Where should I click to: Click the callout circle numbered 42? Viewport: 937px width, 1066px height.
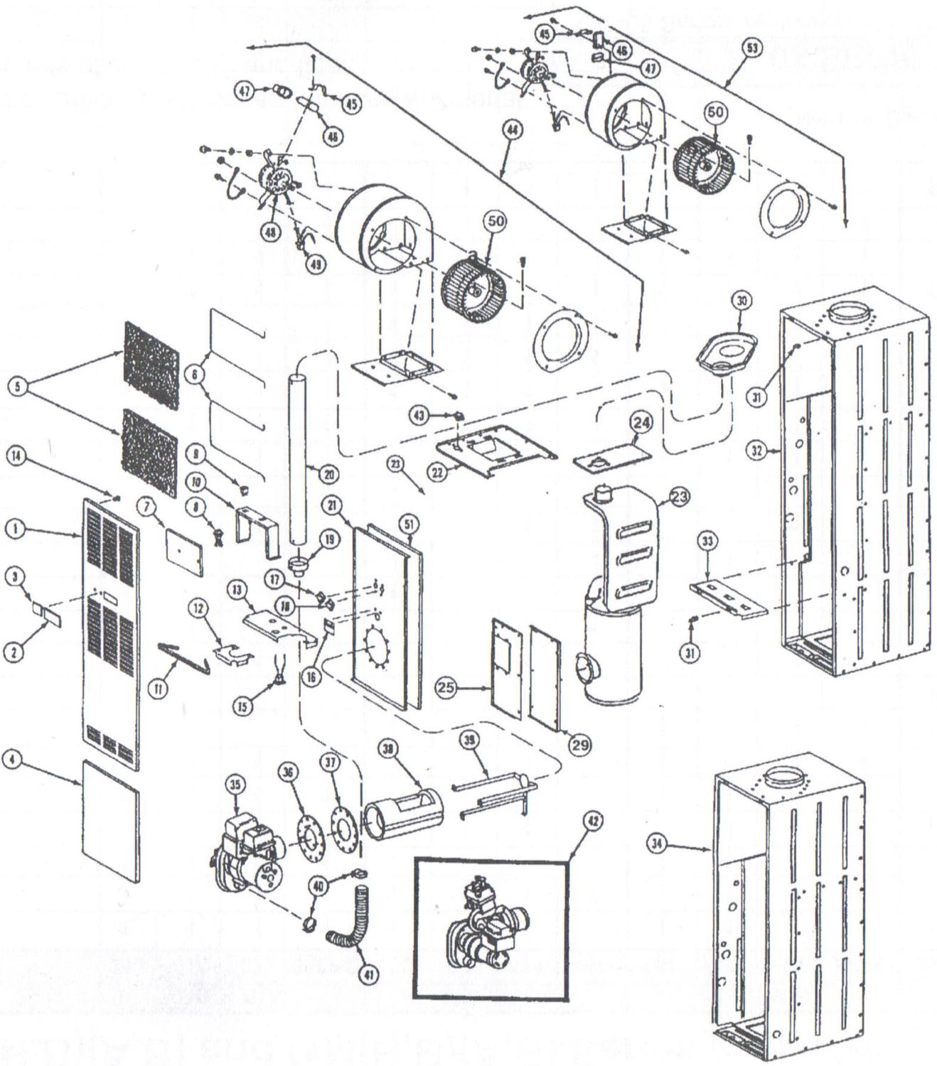(x=593, y=822)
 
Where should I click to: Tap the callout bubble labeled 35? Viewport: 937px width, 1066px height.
(x=235, y=785)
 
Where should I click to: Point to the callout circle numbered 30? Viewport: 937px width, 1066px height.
(x=741, y=301)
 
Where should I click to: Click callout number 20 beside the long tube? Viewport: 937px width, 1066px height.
(x=328, y=474)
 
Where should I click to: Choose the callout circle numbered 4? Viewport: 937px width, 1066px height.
(x=11, y=760)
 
